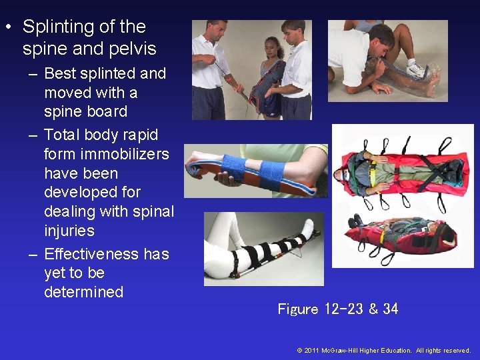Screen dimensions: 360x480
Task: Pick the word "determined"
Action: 83,292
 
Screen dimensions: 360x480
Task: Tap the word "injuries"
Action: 69,231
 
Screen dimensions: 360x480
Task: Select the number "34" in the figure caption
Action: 390,309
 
